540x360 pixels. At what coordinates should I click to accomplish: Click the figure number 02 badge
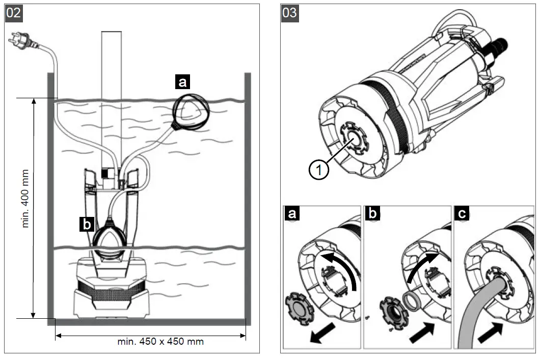click(14, 12)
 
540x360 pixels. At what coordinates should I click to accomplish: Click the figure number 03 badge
click(289, 12)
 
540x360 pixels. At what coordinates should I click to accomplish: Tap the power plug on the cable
click(19, 41)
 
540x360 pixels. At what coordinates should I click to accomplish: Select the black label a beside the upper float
click(182, 81)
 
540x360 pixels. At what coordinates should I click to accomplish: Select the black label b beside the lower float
click(87, 224)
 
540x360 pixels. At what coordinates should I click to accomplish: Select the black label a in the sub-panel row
click(291, 214)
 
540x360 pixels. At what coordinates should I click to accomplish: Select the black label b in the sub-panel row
click(373, 214)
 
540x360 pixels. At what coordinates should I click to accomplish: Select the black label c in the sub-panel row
click(462, 214)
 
